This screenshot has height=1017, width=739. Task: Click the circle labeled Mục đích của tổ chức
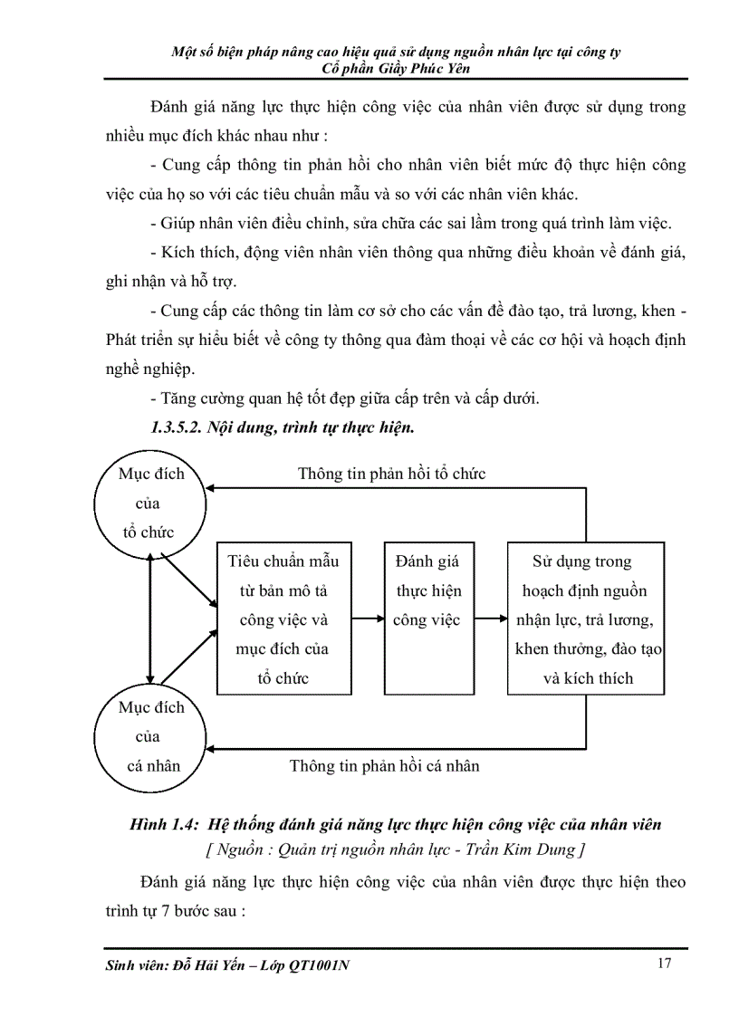[x=151, y=504]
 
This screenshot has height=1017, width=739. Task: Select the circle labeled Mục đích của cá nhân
[x=151, y=735]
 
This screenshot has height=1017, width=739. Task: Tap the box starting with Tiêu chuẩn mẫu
[x=283, y=619]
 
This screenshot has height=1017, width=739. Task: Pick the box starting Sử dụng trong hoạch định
[x=586, y=619]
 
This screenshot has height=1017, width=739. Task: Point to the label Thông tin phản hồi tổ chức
[x=391, y=474]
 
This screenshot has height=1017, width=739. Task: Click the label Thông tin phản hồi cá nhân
[x=384, y=766]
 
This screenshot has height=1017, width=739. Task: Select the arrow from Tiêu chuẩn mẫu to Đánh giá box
[x=367, y=619]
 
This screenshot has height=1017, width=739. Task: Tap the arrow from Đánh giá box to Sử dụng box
[x=490, y=619]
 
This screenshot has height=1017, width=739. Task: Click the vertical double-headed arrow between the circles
[x=151, y=619]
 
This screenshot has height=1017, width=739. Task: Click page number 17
[x=664, y=964]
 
